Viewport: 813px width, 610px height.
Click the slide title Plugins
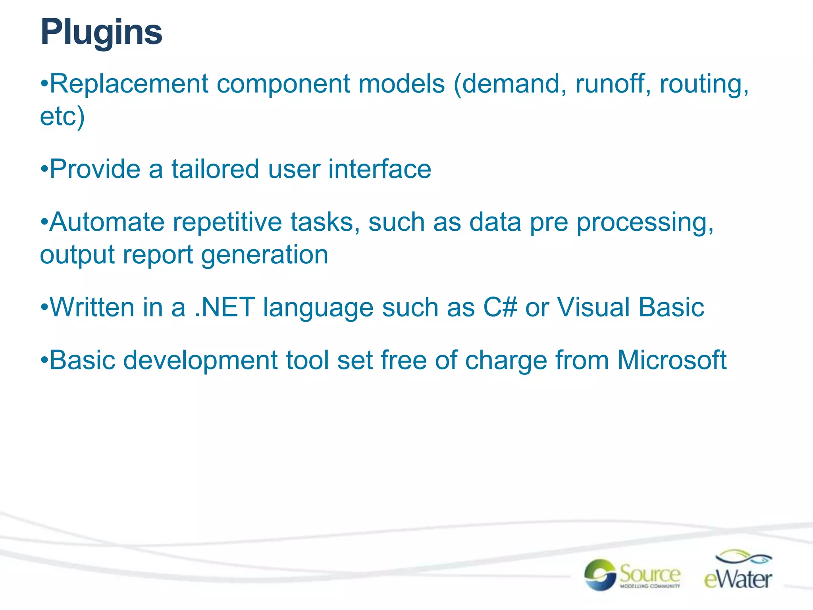pos(101,33)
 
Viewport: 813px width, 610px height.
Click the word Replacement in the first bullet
pos(129,84)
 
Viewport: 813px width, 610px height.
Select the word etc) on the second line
pos(62,117)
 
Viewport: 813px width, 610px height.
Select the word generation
pos(264,255)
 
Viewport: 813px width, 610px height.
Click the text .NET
pos(225,308)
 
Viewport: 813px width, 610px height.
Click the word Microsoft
pos(672,361)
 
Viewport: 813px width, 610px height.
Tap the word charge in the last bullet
pos(506,361)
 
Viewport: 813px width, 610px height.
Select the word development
pos(200,361)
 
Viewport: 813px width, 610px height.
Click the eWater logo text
pos(738,579)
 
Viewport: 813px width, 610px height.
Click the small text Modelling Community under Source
pos(650,586)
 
